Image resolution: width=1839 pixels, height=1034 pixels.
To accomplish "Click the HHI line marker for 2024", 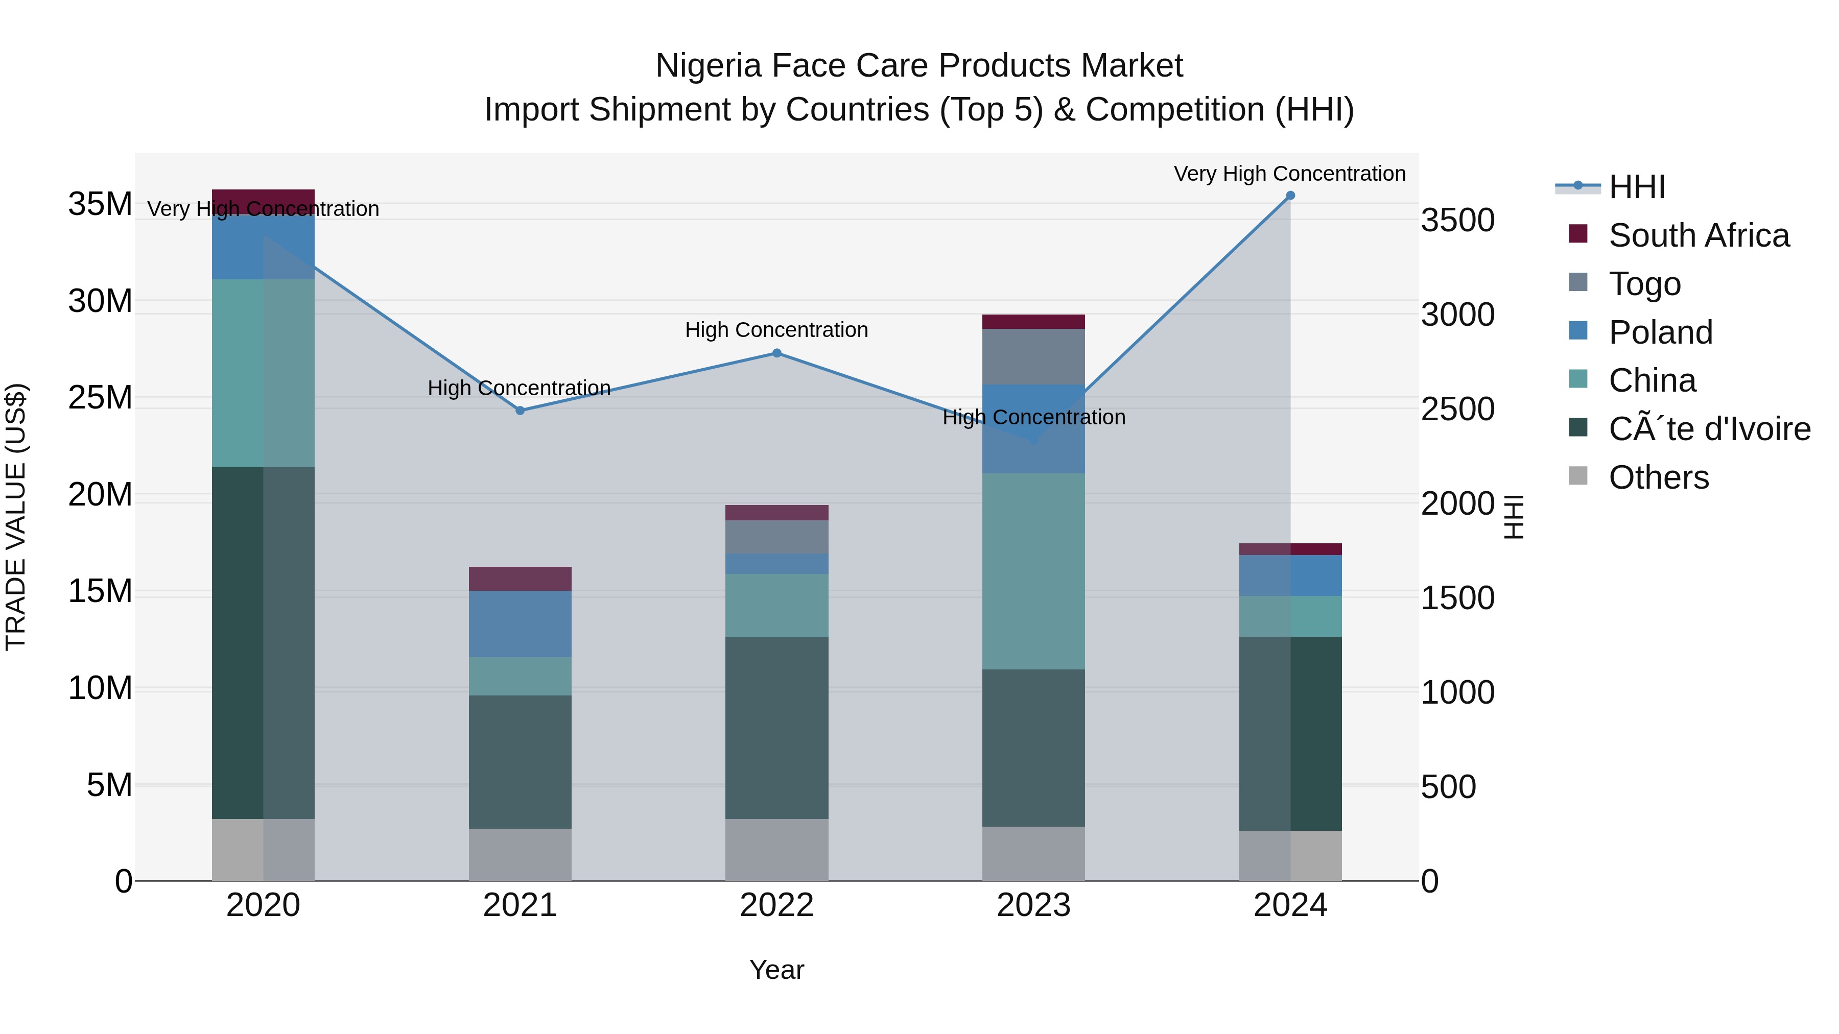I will pyautogui.click(x=1290, y=196).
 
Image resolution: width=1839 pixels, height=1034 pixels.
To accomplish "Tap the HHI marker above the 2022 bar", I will pyautogui.click(x=776, y=353).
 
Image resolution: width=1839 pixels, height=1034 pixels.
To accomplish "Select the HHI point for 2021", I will pyautogui.click(x=520, y=411).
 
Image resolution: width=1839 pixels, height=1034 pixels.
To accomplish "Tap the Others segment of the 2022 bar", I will pyautogui.click(x=776, y=849).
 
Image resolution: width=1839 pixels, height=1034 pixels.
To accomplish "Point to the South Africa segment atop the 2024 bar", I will pyautogui.click(x=1290, y=549).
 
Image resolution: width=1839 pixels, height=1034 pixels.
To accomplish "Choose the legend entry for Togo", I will pyautogui.click(x=1645, y=284).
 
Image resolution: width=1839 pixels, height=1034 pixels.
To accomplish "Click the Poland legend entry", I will pyautogui.click(x=1661, y=332).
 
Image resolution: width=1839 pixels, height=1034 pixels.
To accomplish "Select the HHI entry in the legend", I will pyautogui.click(x=1636, y=187).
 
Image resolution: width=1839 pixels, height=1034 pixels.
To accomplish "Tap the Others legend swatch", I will pyautogui.click(x=1578, y=476).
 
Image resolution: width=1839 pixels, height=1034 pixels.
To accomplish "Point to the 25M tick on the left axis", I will pyautogui.click(x=100, y=397).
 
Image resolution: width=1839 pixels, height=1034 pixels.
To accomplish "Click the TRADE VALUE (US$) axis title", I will pyautogui.click(x=16, y=517).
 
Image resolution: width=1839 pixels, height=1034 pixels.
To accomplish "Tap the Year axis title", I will pyautogui.click(x=776, y=970).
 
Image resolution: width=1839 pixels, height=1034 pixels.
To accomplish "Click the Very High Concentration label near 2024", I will pyautogui.click(x=1289, y=174).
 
